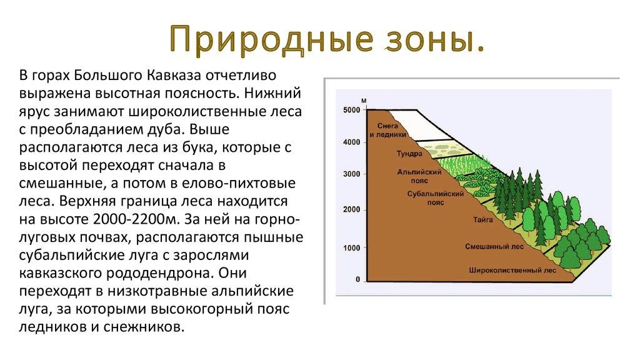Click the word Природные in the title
pyautogui.click(x=271, y=39)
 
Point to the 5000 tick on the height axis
pyautogui.click(x=352, y=110)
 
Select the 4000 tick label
pyautogui.click(x=352, y=142)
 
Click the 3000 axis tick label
pyautogui.click(x=352, y=174)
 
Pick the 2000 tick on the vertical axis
pyautogui.click(x=352, y=210)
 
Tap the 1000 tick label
pyautogui.click(x=352, y=247)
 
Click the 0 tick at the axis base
pyautogui.click(x=358, y=279)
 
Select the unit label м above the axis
pyautogui.click(x=364, y=101)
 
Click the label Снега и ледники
pyautogui.click(x=387, y=130)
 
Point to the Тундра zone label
pyautogui.click(x=409, y=154)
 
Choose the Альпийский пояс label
pyautogui.click(x=419, y=176)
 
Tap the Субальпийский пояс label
pyautogui.click(x=436, y=198)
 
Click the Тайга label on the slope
pyautogui.click(x=483, y=219)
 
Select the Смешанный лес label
pyautogui.click(x=494, y=246)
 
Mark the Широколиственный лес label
pyautogui.click(x=512, y=270)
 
